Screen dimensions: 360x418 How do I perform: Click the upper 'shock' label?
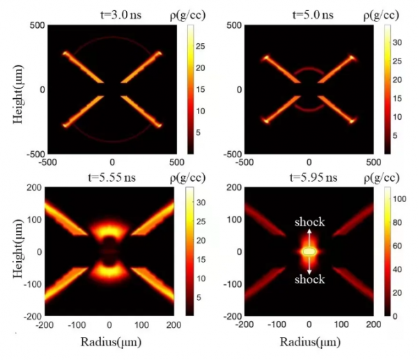[309, 223]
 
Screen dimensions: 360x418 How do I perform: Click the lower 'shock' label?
[309, 279]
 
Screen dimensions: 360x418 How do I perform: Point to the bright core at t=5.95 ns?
[309, 251]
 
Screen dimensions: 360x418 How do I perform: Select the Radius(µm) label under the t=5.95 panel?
[309, 343]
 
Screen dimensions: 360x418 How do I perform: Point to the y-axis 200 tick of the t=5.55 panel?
[37, 189]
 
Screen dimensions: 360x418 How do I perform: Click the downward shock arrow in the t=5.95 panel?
[309, 266]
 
